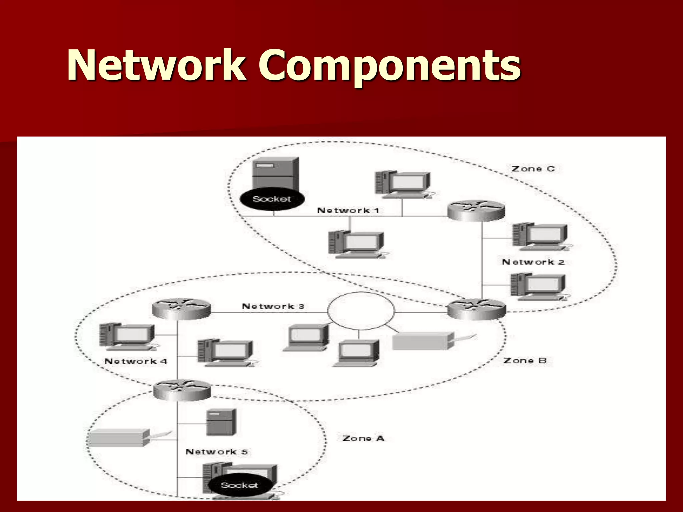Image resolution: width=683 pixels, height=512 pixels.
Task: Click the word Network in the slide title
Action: [x=157, y=65]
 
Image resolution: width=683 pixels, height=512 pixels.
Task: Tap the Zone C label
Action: [x=533, y=169]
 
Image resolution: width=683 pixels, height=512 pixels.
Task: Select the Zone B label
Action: [x=525, y=361]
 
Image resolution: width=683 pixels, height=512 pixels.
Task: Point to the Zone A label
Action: [x=363, y=438]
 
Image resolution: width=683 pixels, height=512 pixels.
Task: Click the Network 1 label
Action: [x=348, y=211]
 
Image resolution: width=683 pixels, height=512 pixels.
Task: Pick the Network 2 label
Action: [x=533, y=262]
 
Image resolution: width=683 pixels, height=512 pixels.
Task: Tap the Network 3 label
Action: [x=273, y=306]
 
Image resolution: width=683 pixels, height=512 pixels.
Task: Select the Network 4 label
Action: [x=136, y=361]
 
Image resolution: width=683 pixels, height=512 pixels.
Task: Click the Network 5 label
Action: [x=216, y=452]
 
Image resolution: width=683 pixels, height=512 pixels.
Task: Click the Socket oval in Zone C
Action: [x=272, y=199]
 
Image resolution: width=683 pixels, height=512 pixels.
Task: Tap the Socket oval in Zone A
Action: [x=240, y=485]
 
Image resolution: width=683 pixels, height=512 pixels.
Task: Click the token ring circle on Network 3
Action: [x=361, y=311]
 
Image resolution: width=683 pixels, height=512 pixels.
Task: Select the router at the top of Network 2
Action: [x=476, y=211]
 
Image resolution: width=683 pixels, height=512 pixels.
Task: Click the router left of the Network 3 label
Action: [x=181, y=309]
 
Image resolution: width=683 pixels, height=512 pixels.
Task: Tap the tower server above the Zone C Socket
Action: [x=276, y=174]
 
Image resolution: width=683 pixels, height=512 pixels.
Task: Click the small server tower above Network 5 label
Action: [x=221, y=422]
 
